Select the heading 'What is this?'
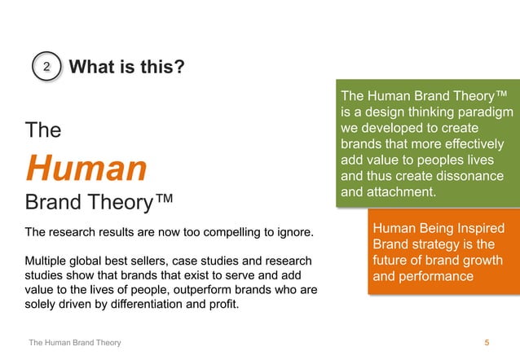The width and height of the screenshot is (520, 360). (x=126, y=67)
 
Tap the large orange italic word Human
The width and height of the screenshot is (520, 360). (x=86, y=168)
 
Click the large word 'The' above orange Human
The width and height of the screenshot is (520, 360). (x=43, y=130)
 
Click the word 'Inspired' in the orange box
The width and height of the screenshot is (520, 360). (x=480, y=229)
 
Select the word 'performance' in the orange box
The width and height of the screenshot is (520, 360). (x=437, y=277)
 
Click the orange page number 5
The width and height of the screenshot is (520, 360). (x=487, y=343)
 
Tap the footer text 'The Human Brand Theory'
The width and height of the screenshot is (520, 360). (x=75, y=343)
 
